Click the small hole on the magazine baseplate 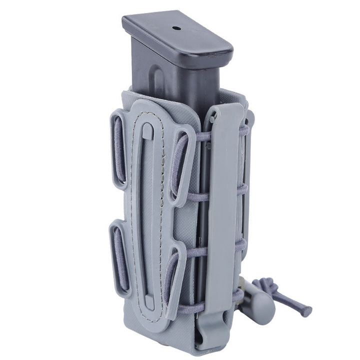tap(176, 28)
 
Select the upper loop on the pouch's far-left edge tap(119, 149)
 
